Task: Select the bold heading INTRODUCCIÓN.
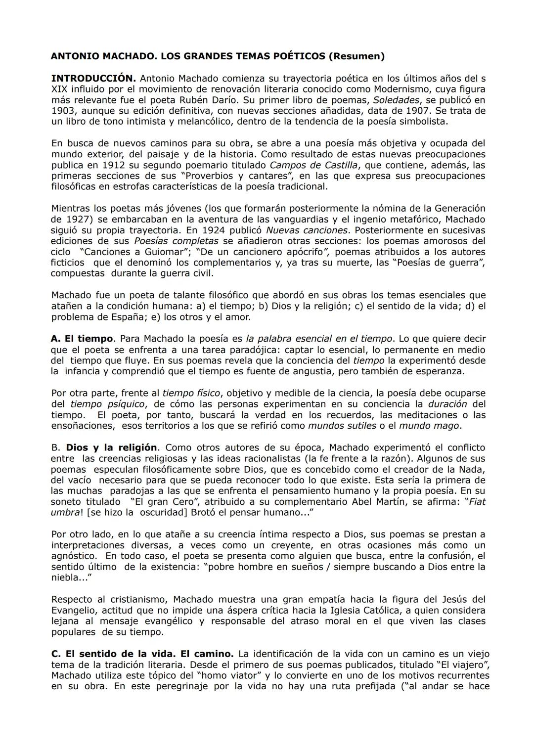pyautogui.click(x=93, y=78)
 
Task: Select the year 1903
pyautogui.click(x=63, y=111)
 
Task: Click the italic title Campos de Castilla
pyautogui.click(x=312, y=165)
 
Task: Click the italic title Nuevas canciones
pyautogui.click(x=307, y=230)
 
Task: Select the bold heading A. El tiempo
pyautogui.click(x=82, y=339)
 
